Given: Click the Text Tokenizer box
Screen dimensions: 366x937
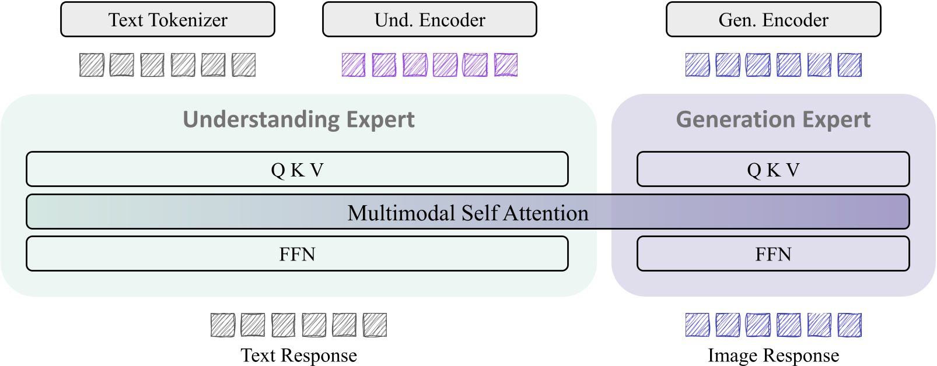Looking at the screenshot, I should pos(167,20).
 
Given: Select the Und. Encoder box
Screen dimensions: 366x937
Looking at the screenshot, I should pos(429,20).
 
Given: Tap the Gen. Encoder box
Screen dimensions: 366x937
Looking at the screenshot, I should pos(773,20).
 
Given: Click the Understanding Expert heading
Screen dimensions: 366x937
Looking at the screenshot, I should pos(299,119).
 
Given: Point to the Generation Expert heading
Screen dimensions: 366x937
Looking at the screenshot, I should pos(773,119).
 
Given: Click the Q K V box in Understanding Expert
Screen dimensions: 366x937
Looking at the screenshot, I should pos(297,170).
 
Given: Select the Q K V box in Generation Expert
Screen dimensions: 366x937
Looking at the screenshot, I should pos(773,170).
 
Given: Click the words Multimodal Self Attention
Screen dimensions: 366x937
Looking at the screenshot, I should pos(468,213).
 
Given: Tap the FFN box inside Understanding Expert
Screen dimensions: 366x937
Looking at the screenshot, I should pos(297,254).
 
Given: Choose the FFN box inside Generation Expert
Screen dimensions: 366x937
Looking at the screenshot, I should pos(773,254).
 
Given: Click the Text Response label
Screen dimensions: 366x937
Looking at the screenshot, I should pos(299,355).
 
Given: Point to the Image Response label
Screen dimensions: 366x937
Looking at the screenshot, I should pos(773,355).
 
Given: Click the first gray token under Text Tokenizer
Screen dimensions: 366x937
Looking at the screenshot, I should pos(92,65).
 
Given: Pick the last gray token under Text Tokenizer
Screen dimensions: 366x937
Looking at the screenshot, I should pos(243,65).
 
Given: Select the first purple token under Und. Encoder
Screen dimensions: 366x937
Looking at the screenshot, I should pos(354,65).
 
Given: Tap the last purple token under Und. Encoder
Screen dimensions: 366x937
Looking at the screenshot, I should pos(506,65).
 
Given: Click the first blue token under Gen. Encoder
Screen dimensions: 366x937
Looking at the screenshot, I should pos(697,65).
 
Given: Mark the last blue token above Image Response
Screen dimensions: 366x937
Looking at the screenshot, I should pos(849,325).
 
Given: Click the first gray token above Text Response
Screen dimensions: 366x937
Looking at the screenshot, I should pos(223,325).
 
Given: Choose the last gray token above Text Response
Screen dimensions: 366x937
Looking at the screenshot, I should pos(375,325).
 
